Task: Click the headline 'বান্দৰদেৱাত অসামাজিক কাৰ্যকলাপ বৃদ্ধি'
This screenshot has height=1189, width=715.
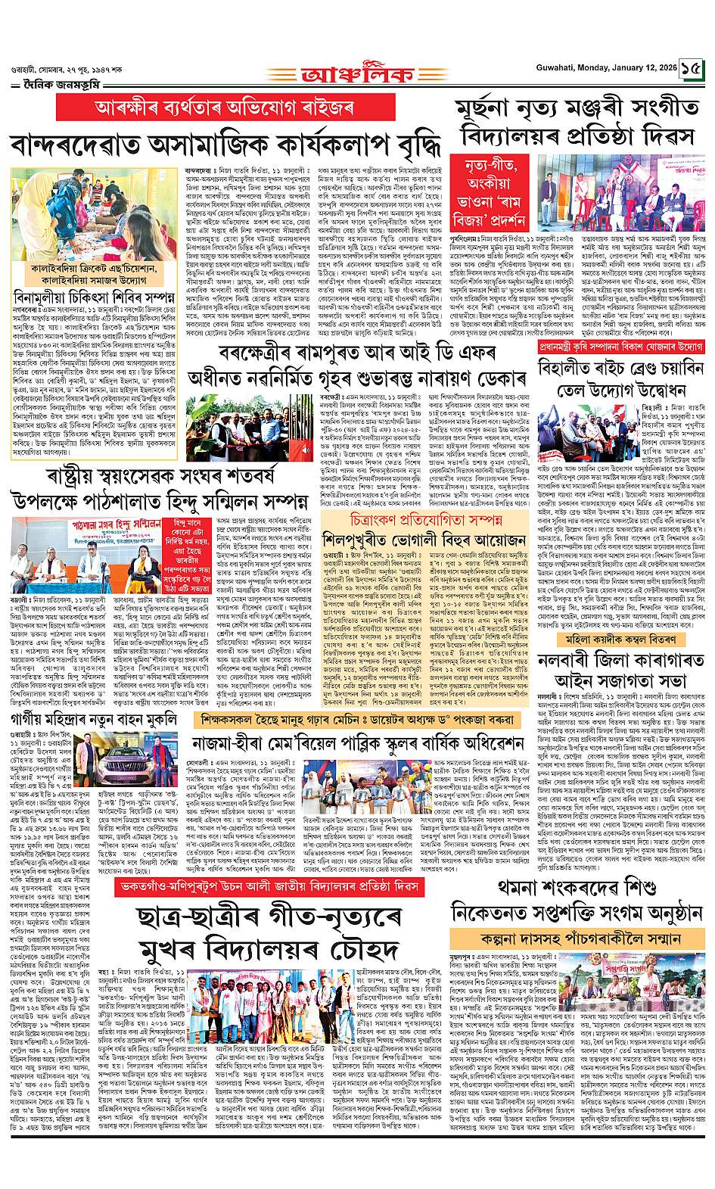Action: pyautogui.click(x=227, y=144)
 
